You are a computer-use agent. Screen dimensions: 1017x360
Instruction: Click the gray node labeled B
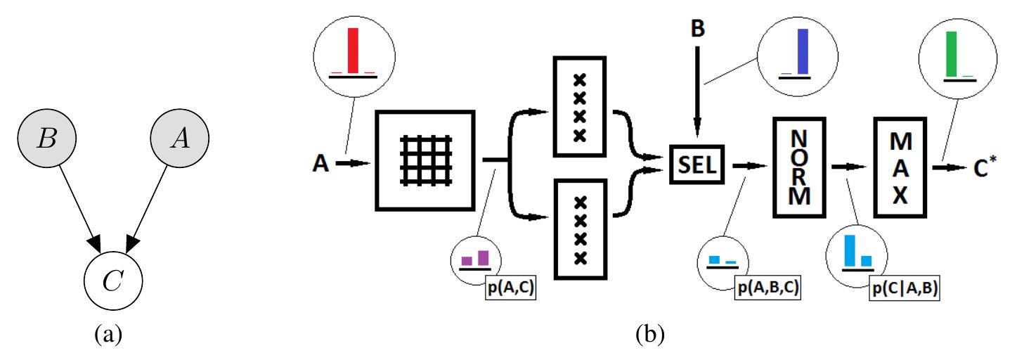(x=47, y=138)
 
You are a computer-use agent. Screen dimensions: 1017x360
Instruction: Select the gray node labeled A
(x=180, y=138)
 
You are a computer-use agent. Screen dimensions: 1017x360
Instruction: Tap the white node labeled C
(x=113, y=281)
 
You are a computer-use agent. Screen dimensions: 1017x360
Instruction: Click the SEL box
(x=697, y=165)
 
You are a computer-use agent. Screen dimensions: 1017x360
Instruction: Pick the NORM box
(x=799, y=167)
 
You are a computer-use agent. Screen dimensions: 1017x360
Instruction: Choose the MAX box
(x=900, y=167)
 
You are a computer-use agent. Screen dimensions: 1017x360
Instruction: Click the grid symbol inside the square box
(x=426, y=160)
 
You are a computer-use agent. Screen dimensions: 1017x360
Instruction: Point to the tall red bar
(x=354, y=50)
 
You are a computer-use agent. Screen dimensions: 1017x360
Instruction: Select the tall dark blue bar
(x=803, y=51)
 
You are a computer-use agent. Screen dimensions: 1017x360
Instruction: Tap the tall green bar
(x=951, y=54)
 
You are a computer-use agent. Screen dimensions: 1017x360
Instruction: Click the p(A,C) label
(x=511, y=288)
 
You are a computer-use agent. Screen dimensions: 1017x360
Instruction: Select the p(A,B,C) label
(x=767, y=288)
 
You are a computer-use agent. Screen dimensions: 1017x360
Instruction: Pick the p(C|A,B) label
(x=905, y=289)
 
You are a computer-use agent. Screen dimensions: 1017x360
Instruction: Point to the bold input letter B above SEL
(x=697, y=29)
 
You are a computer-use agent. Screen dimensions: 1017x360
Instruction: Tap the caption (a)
(x=108, y=335)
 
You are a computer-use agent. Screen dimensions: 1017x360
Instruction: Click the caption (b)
(x=650, y=335)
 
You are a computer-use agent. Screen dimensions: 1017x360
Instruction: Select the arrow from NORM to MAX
(x=848, y=167)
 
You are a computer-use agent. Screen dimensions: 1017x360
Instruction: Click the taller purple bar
(x=484, y=258)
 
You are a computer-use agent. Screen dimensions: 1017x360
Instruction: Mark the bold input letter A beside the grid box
(x=320, y=163)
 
